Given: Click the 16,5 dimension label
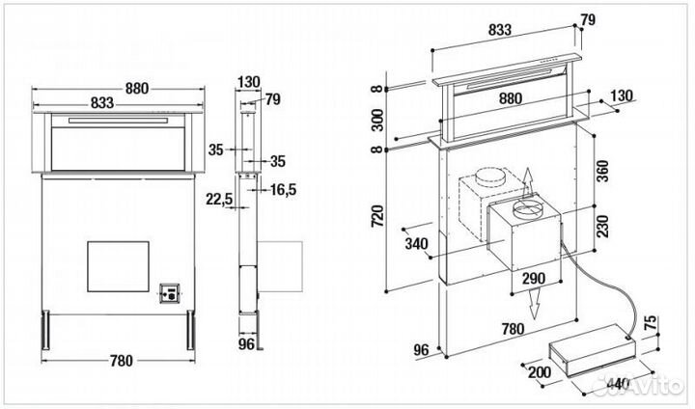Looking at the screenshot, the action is pos(283,190).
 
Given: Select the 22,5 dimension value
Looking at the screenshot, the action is pos(219,200).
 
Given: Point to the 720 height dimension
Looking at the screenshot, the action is pos(377,216).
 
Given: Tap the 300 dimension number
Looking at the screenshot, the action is pos(377,120).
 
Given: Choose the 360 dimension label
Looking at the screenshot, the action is pos(602,171).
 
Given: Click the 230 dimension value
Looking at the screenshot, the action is pos(602,226).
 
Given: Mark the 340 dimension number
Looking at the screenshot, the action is pos(416,243).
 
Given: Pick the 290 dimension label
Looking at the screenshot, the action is pos(533,278).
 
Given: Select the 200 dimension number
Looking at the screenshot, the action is pos(540,372).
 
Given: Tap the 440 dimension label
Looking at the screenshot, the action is pos(619,382).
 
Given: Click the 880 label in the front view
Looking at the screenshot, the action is pos(136,88).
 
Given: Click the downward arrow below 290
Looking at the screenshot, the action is pos(536,304).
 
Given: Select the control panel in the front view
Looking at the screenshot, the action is pos(170,293).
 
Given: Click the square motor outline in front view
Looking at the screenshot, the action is pos(118,266).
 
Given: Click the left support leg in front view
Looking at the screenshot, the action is pos(45,330).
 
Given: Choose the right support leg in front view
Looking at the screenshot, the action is pos(190,330).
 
